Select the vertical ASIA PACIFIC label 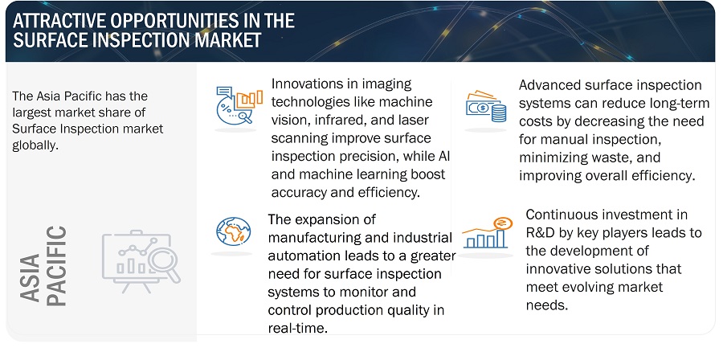[x=44, y=267]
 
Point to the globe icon [x=233, y=231]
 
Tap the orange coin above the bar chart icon [x=500, y=223]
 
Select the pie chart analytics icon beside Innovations [x=239, y=105]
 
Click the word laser [x=413, y=120]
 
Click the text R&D [x=540, y=233]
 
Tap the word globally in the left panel [x=35, y=145]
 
